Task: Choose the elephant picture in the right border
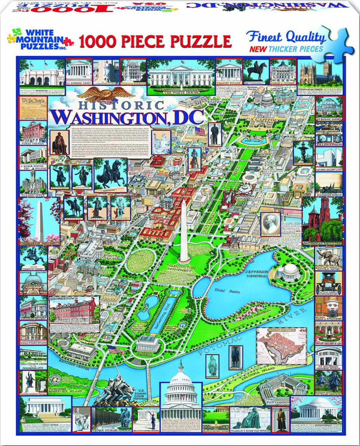tap(328, 256)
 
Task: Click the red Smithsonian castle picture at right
tap(322, 219)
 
